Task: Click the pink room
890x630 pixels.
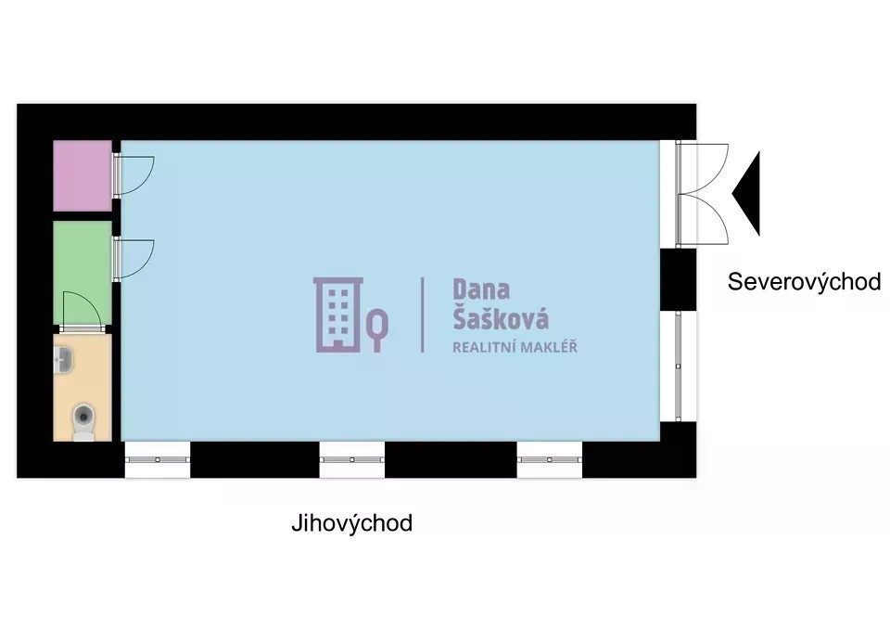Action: [x=83, y=175]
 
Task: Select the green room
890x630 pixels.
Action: [x=83, y=273]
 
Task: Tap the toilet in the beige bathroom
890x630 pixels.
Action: [x=84, y=422]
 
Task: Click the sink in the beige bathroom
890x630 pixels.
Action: [x=64, y=361]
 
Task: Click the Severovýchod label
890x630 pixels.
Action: [x=805, y=282]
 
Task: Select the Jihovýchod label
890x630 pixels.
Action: [x=352, y=523]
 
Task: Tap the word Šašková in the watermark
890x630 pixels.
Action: [x=501, y=318]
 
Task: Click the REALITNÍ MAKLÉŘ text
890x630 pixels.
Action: [x=515, y=347]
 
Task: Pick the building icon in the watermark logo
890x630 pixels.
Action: [x=338, y=315]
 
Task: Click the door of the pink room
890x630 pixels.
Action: [x=133, y=175]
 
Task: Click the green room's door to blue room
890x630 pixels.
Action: [x=133, y=260]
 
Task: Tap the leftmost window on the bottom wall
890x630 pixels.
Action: [x=158, y=459]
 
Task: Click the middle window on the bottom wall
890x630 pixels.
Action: [x=352, y=459]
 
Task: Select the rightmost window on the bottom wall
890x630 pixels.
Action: [x=550, y=459]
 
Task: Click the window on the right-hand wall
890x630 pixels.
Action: [x=679, y=366]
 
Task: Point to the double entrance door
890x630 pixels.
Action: [x=702, y=194]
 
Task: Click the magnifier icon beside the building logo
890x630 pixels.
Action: [x=377, y=330]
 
